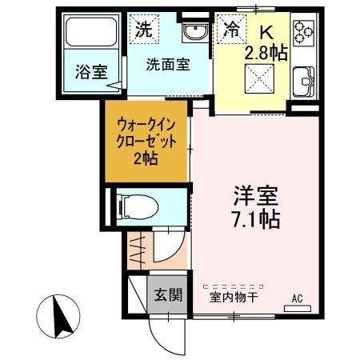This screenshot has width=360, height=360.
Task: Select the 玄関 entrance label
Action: pyautogui.click(x=169, y=294)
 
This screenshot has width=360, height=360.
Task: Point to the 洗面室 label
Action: pyautogui.click(x=168, y=66)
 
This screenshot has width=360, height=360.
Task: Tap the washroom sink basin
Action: pyautogui.click(x=194, y=33)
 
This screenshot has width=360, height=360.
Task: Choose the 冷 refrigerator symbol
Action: pyautogui.click(x=231, y=30)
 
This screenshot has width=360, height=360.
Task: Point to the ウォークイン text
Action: pyautogui.click(x=146, y=125)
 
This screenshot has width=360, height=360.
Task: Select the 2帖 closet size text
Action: pyautogui.click(x=146, y=158)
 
